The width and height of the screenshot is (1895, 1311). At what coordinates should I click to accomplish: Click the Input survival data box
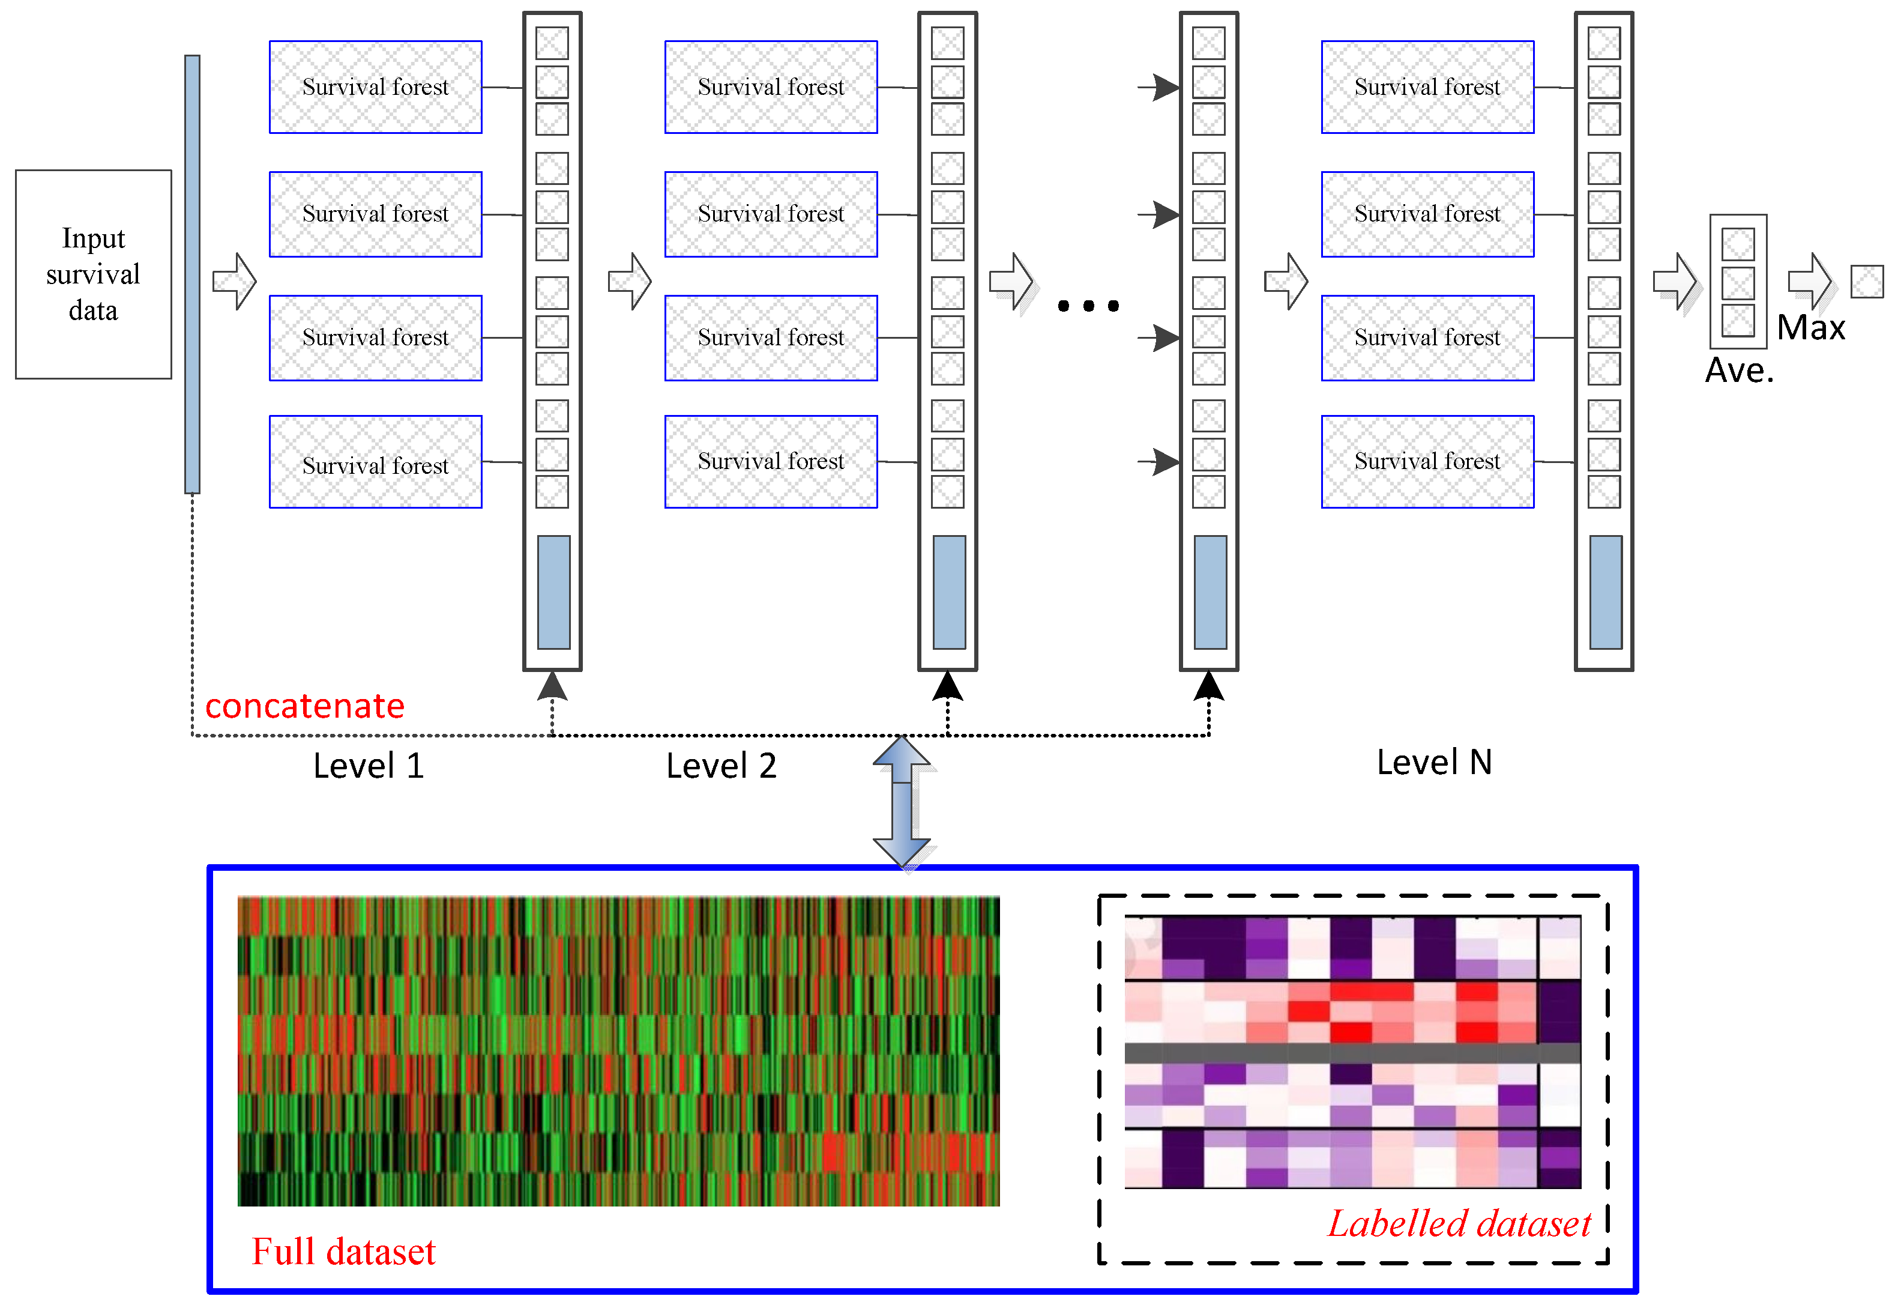pyautogui.click(x=93, y=274)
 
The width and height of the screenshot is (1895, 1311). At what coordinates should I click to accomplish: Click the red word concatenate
pyautogui.click(x=304, y=706)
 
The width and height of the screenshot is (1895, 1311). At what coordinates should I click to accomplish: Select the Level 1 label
pyautogui.click(x=368, y=766)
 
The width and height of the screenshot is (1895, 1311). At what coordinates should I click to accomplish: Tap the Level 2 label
pyautogui.click(x=721, y=766)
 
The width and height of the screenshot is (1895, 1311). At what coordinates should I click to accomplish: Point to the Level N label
pyautogui.click(x=1433, y=762)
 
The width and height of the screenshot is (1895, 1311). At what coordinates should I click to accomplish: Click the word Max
pyautogui.click(x=1810, y=328)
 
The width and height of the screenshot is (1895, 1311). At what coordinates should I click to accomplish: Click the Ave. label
pyautogui.click(x=1739, y=371)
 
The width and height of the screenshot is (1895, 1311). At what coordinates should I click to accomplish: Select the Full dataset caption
pyautogui.click(x=343, y=1251)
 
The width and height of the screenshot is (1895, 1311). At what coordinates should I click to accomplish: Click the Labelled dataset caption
pyautogui.click(x=1459, y=1223)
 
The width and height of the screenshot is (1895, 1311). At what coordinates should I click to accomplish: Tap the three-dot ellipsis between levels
pyautogui.click(x=1088, y=306)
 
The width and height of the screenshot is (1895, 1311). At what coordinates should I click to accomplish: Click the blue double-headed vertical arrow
pyautogui.click(x=902, y=802)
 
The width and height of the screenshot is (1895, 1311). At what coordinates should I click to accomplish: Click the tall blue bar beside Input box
pyautogui.click(x=192, y=274)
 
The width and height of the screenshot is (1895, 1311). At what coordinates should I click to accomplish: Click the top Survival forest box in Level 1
pyautogui.click(x=375, y=87)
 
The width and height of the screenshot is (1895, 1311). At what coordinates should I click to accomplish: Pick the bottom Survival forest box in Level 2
pyautogui.click(x=770, y=462)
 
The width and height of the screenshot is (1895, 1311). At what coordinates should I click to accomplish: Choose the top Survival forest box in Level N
pyautogui.click(x=1427, y=87)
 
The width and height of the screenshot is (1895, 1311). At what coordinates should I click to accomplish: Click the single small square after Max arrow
pyautogui.click(x=1866, y=282)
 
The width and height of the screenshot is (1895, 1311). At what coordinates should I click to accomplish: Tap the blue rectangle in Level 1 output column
pyautogui.click(x=553, y=592)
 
